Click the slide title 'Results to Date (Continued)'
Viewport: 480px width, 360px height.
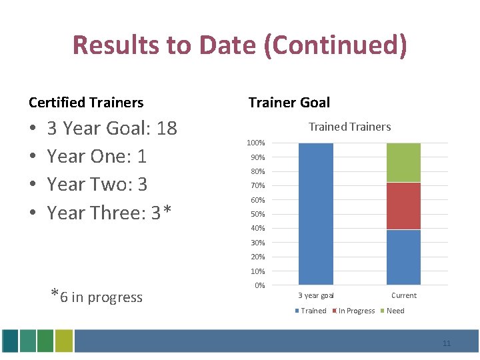pos(239,45)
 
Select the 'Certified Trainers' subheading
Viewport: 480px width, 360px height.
pos(86,103)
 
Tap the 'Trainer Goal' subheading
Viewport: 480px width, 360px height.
pos(289,103)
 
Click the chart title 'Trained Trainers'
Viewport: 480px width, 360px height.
pos(349,127)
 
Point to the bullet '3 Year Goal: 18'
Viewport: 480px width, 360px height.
pos(112,128)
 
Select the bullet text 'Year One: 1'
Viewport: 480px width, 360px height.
pos(97,156)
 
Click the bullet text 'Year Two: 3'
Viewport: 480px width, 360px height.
pos(97,184)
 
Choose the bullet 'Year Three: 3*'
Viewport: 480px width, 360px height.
pos(109,213)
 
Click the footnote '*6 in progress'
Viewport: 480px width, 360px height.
pos(97,296)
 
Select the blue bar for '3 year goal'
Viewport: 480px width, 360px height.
pos(316,214)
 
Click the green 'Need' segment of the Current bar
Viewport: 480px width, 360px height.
pos(403,162)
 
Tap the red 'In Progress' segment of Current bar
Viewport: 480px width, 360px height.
pos(403,206)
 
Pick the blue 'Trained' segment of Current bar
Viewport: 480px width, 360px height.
pos(403,257)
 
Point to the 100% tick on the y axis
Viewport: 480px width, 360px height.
pos(256,143)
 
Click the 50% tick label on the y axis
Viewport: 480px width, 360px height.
pos(257,214)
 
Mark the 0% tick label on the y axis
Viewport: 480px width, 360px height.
pos(259,285)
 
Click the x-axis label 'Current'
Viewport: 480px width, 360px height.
pos(403,295)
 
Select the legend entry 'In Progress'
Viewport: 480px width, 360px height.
pos(357,311)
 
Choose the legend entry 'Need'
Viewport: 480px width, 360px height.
pos(395,311)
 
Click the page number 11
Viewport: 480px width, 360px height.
pos(447,343)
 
